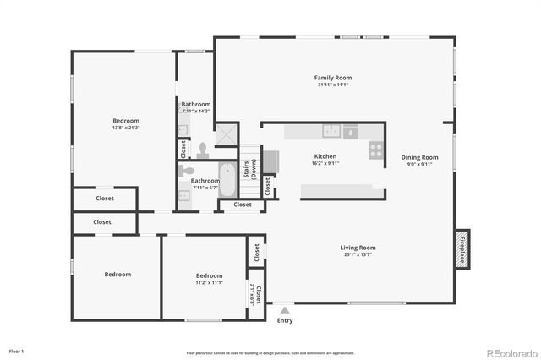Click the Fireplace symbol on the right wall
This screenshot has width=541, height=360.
pos(462,250)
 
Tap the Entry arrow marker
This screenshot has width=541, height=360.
pos(285,312)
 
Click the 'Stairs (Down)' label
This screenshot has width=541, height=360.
pos(249,167)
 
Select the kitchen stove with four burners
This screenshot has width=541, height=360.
pos(375,150)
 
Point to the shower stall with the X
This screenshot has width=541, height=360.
pos(227,134)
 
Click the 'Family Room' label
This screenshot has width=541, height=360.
pos(333,78)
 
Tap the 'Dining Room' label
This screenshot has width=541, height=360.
pos(419,157)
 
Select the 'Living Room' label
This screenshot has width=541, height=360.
pos(358,248)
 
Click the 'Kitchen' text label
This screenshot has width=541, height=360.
pos(325,156)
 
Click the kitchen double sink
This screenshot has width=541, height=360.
pos(331,131)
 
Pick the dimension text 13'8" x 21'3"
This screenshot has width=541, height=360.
pos(126,128)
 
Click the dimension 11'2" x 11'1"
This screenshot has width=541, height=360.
pos(209,283)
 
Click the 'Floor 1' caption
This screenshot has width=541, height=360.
pos(17,350)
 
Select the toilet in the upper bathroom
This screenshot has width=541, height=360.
pos(202,150)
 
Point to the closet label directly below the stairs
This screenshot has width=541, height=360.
pos(242,205)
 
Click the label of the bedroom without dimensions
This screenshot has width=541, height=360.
pos(117,275)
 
